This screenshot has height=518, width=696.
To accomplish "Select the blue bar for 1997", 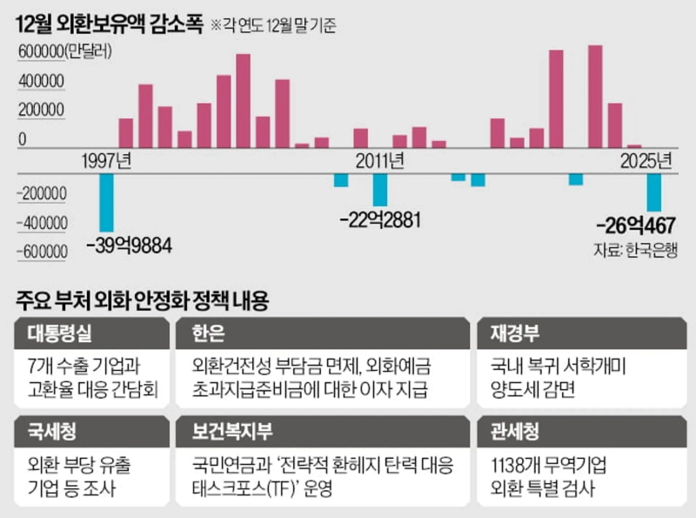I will pyautogui.click(x=107, y=201).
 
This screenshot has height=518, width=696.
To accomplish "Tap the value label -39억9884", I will pyautogui.click(x=130, y=245).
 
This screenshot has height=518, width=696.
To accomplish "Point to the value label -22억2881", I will pyautogui.click(x=379, y=219).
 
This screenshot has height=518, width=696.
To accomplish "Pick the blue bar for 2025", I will pyautogui.click(x=654, y=192).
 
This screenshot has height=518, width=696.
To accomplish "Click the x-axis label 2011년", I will pyautogui.click(x=379, y=160).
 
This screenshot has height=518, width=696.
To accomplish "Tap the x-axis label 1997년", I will pyautogui.click(x=106, y=160).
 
